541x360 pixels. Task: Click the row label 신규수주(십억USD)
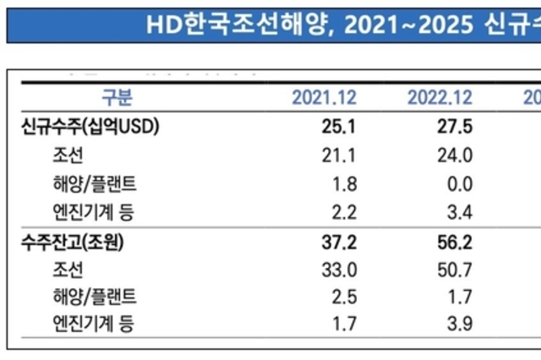point(90,128)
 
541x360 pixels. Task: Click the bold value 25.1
point(342,128)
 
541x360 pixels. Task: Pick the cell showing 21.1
point(342,155)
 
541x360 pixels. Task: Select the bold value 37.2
point(342,243)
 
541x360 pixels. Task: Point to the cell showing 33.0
point(342,270)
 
